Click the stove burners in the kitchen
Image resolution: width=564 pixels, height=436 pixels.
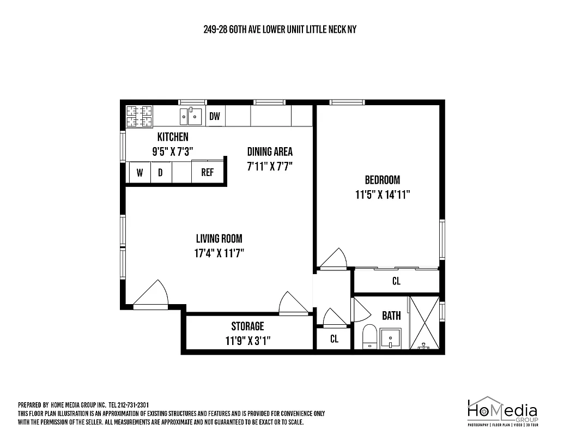click(139, 116)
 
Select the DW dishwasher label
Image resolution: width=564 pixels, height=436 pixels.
click(215, 116)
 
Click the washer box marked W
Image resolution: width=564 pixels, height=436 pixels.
click(140, 173)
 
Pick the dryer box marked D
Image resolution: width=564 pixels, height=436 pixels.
click(160, 173)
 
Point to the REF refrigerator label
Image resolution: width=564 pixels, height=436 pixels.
click(208, 173)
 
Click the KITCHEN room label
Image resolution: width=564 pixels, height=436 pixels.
click(173, 137)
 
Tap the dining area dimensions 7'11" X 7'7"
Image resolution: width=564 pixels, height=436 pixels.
click(270, 167)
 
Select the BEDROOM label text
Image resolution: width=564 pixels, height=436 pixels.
click(382, 180)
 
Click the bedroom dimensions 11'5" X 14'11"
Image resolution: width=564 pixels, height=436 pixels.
click(382, 195)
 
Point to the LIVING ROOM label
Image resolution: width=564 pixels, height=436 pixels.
click(219, 238)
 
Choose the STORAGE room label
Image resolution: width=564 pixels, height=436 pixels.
click(247, 326)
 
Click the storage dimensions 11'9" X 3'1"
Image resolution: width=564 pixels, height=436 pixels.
click(248, 341)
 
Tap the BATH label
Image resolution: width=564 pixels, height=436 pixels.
click(391, 315)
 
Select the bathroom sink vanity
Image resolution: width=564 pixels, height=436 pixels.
click(390, 338)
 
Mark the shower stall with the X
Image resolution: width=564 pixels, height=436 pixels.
click(424, 323)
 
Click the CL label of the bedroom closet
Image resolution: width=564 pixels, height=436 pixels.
click(396, 281)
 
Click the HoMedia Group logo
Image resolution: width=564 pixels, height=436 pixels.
click(502, 411)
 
